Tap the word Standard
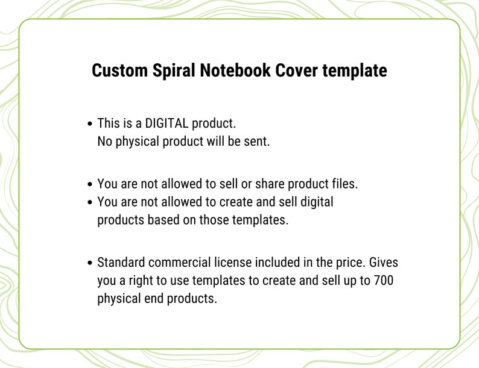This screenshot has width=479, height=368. [x=122, y=263]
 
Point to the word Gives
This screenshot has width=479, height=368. [x=383, y=263]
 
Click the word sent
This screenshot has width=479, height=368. [x=256, y=142]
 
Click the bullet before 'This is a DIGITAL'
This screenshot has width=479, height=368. [x=90, y=124]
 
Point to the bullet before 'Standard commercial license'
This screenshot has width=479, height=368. [x=90, y=263]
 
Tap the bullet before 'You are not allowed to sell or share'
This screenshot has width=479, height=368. [x=90, y=184]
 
